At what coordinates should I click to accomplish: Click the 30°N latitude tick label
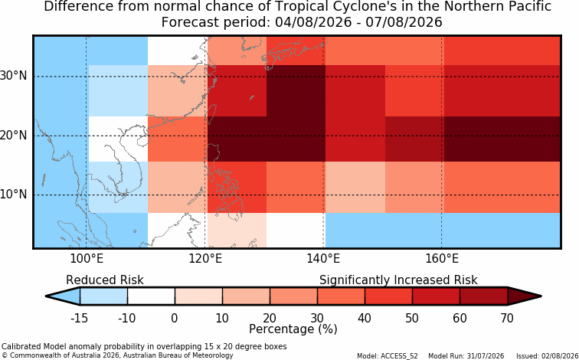(13, 76)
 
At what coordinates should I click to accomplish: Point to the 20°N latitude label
(13, 135)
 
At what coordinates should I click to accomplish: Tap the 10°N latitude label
(13, 195)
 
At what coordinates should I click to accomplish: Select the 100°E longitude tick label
(87, 258)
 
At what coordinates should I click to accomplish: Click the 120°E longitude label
(205, 258)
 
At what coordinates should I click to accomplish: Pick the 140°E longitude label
(323, 258)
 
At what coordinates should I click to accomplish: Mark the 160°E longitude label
(442, 258)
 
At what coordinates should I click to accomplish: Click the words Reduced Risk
(105, 280)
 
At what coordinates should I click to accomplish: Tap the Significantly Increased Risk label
(398, 280)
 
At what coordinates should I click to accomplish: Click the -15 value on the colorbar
(79, 318)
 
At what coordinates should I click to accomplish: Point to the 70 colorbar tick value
(507, 318)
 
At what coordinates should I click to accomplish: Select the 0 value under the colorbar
(175, 318)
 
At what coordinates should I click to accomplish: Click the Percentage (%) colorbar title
(293, 329)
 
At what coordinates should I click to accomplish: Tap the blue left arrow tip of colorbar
(47, 296)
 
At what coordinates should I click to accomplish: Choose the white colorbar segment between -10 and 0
(151, 296)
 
